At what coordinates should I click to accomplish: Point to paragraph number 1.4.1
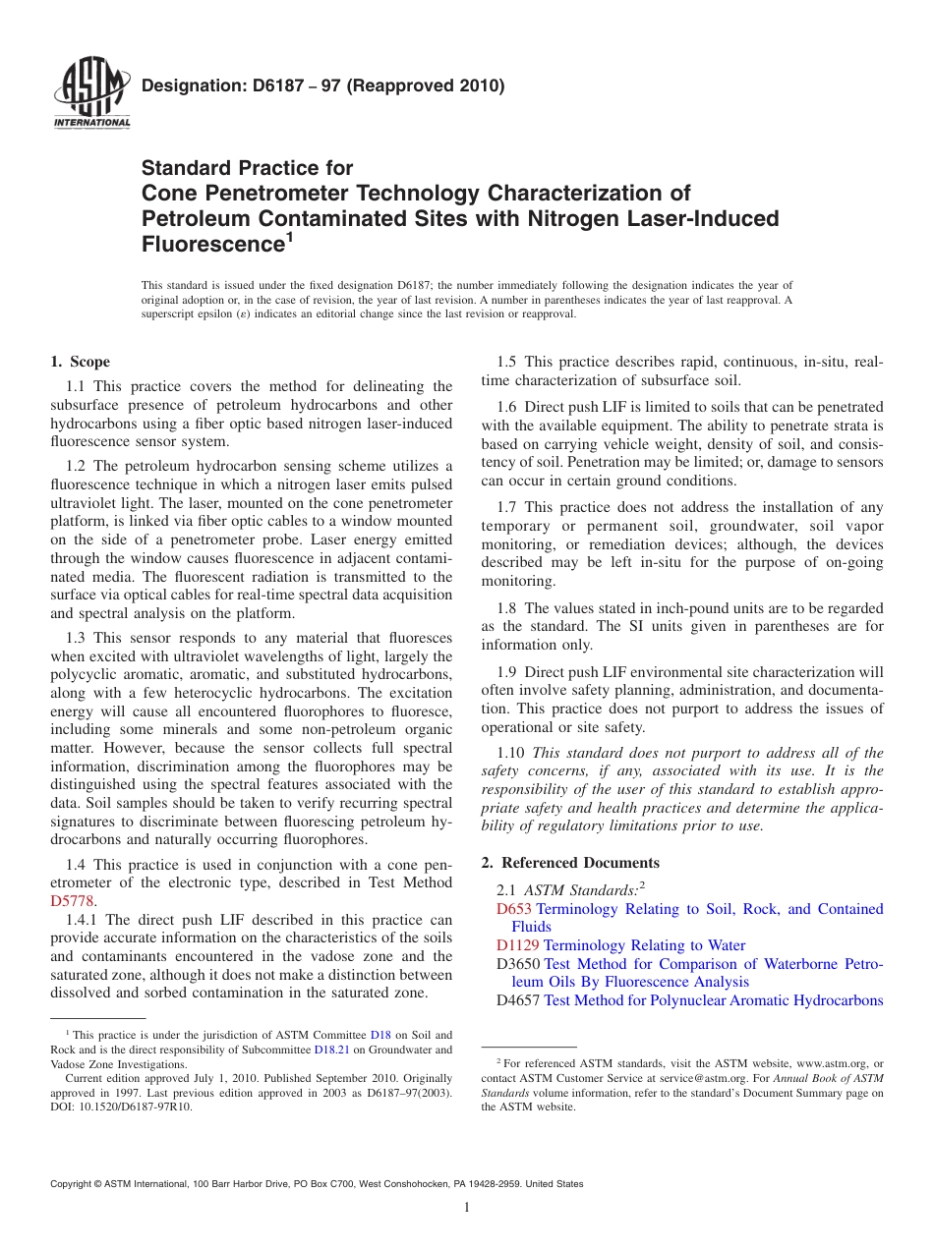pyautogui.click(x=83, y=920)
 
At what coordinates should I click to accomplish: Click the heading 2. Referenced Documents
pyautogui.click(x=569, y=863)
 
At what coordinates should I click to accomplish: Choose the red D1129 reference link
pyautogui.click(x=518, y=945)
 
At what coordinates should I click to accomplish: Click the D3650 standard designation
pyautogui.click(x=518, y=964)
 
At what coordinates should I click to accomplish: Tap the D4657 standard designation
pyautogui.click(x=518, y=1000)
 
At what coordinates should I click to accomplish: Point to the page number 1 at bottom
pyautogui.click(x=466, y=1208)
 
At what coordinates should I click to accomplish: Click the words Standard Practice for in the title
pyautogui.click(x=248, y=168)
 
